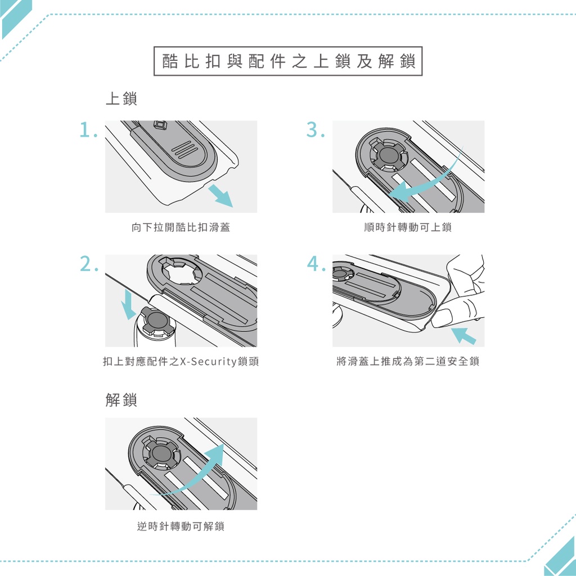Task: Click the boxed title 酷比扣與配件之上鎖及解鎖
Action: point(288,61)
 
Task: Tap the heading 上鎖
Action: point(121,98)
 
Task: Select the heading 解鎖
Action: point(121,400)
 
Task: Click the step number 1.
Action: point(88,130)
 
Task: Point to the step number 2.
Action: point(89,264)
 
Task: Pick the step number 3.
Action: point(316,130)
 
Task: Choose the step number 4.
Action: point(316,264)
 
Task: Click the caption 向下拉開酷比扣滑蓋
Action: point(181,227)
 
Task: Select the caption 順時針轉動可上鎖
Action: point(408,227)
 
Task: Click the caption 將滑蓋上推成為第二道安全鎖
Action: point(408,362)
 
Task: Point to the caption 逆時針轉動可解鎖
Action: point(181,526)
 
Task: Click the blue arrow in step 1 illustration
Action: point(220,196)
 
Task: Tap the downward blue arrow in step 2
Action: point(129,304)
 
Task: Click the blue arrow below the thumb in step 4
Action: point(463,336)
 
